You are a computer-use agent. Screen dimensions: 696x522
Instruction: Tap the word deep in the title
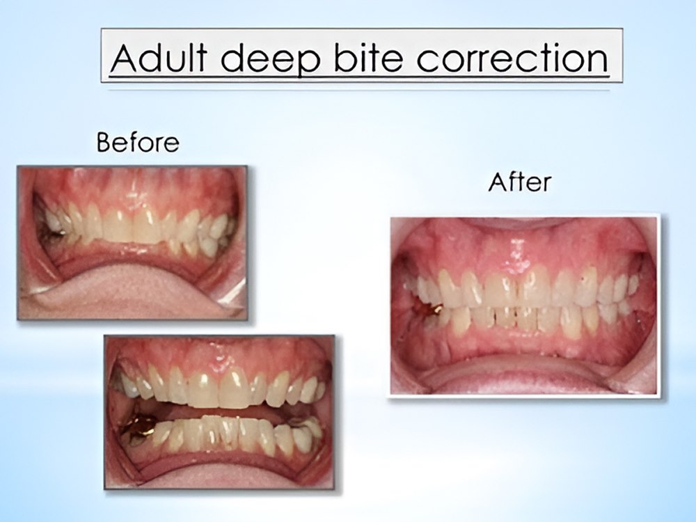click(270, 59)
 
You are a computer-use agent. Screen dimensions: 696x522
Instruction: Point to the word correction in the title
click(512, 58)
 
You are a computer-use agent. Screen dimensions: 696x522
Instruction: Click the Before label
click(138, 143)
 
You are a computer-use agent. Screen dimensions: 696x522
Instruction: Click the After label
click(519, 182)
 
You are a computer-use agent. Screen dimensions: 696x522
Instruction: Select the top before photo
click(132, 243)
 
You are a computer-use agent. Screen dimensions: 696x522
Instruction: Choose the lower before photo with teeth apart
click(219, 412)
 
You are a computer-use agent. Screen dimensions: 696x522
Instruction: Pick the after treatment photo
click(524, 306)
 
